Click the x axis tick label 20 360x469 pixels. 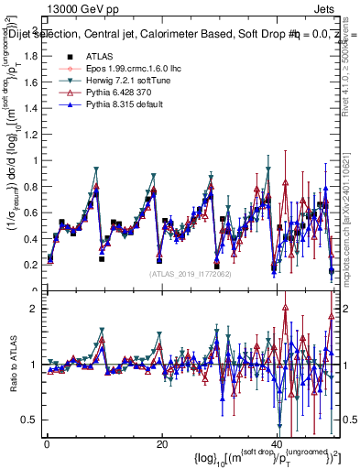[x=161, y=444]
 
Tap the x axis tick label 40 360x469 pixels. [x=276, y=444]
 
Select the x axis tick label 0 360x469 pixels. [x=47, y=444]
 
